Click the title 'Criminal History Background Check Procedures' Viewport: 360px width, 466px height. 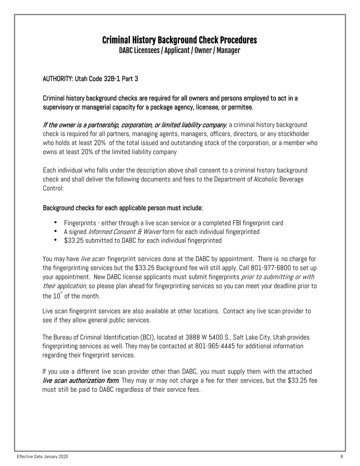[x=179, y=40]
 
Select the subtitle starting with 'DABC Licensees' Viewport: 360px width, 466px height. [x=179, y=50]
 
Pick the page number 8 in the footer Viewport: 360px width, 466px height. [x=341, y=457]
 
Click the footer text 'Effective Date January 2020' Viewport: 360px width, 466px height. [x=42, y=457]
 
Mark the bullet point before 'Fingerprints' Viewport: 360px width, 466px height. [x=56, y=222]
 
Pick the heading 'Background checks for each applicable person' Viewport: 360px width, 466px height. [x=123, y=208]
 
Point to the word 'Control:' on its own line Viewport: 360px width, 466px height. [x=53, y=188]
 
